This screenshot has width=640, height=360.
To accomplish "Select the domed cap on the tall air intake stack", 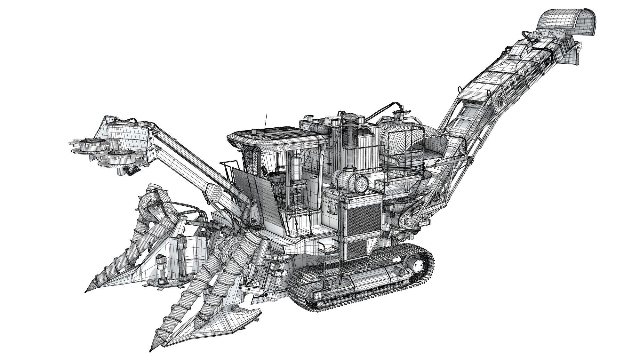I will point(353,117).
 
